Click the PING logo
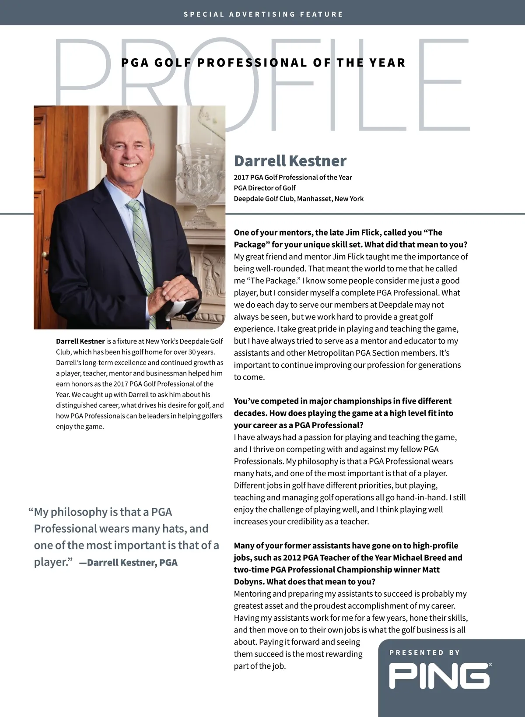pos(440,676)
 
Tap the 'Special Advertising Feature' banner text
pos(263,14)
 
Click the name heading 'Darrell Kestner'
pos(290,161)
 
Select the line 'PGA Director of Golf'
pos(264,188)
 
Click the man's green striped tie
pos(142,245)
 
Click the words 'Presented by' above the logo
pos(424,653)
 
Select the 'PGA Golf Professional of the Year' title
pos(263,63)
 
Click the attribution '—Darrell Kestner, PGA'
pos(128,563)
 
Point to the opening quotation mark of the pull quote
pos(31,511)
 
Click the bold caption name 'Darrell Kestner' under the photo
pos(80,341)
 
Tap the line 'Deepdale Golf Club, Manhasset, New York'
pos(298,199)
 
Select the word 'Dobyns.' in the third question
pos(248,582)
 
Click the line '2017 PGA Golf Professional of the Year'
pos(293,177)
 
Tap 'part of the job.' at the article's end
pos(259,666)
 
